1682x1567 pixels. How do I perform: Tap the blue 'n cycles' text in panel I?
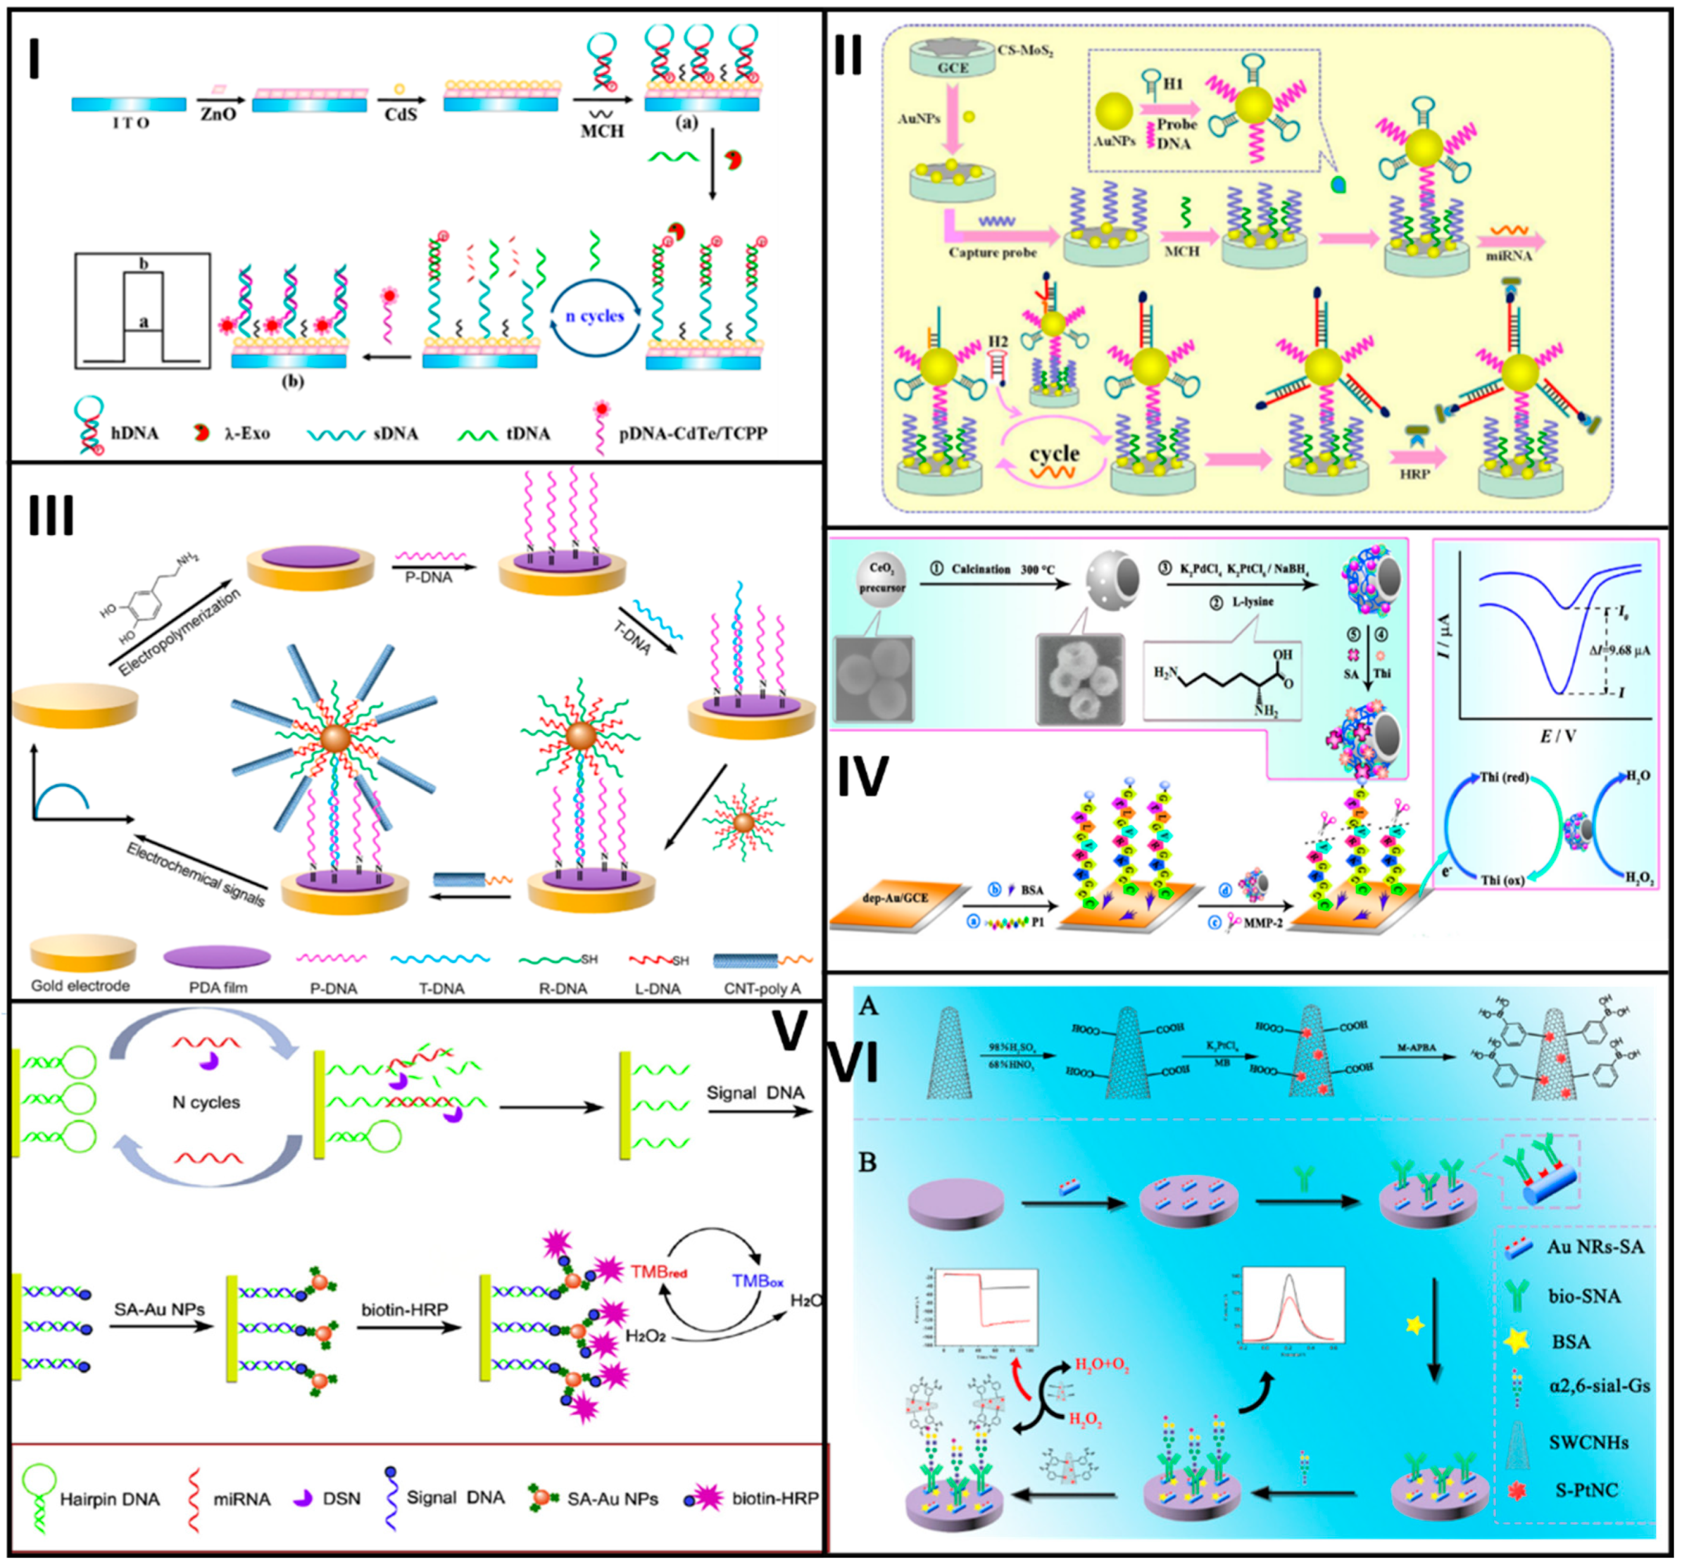pyautogui.click(x=595, y=316)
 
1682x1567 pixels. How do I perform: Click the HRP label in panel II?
pyautogui.click(x=1414, y=474)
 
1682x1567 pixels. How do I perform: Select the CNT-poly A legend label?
pyautogui.click(x=761, y=989)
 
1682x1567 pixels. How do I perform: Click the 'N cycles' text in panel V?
pyautogui.click(x=206, y=1102)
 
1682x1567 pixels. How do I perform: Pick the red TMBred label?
pyautogui.click(x=658, y=1272)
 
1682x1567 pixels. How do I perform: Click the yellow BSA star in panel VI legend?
pyautogui.click(x=1518, y=1341)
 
